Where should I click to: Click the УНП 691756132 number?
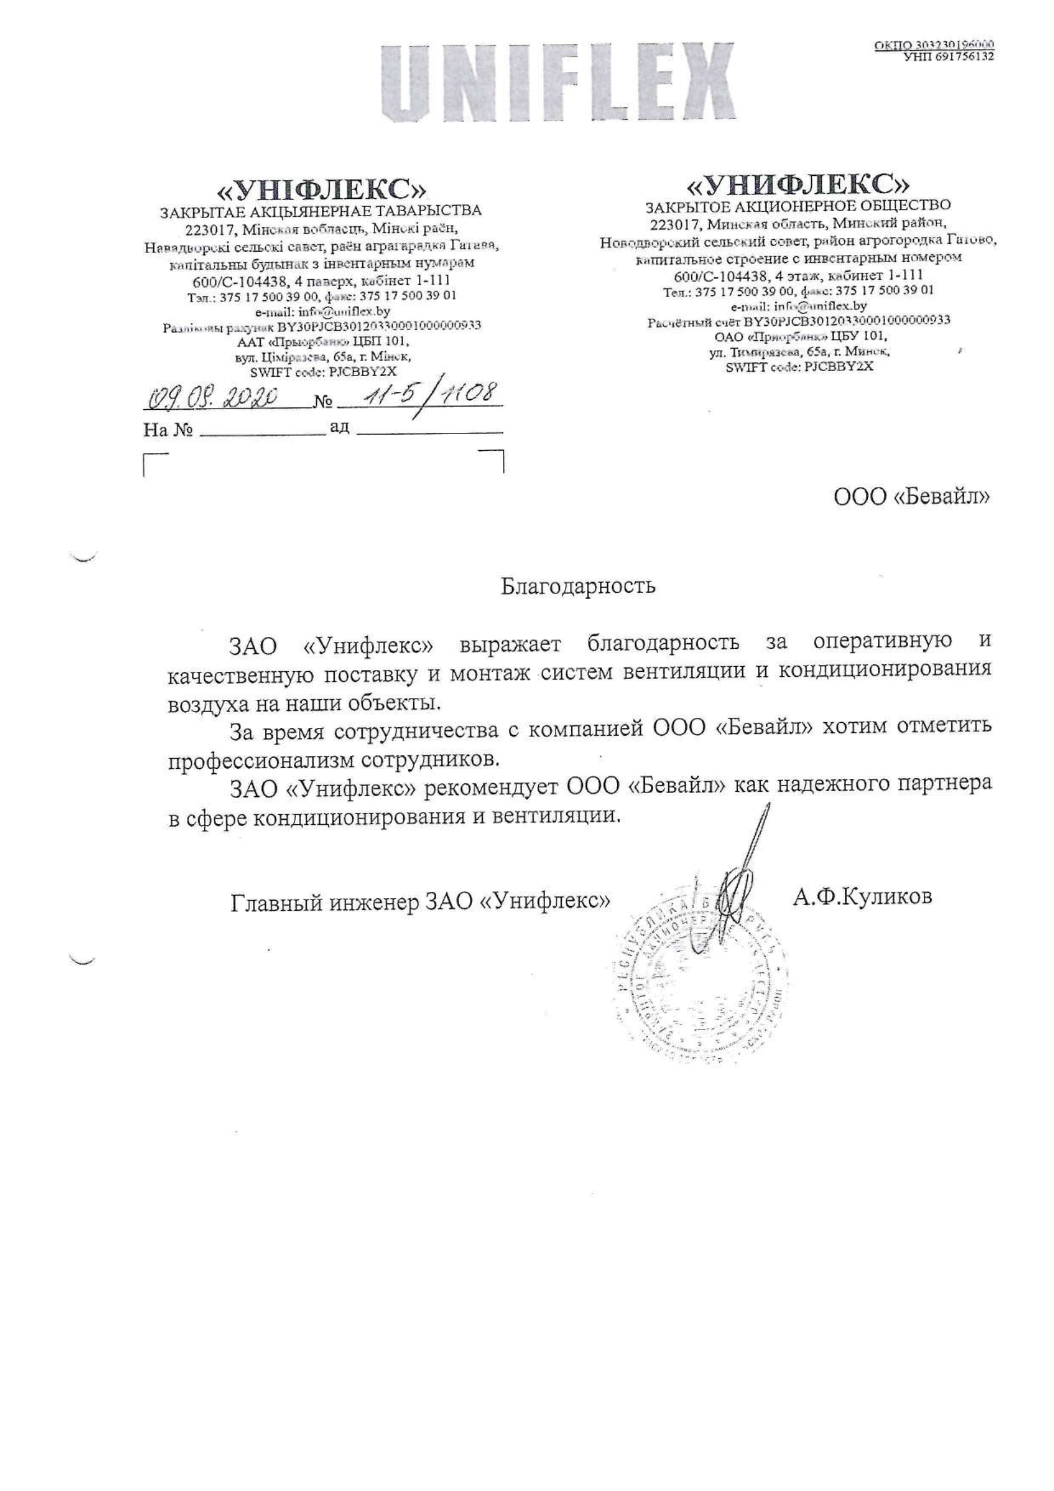click(x=949, y=57)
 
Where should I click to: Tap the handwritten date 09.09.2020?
click(x=214, y=396)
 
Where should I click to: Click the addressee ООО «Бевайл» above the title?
click(x=912, y=497)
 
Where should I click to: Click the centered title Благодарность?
click(x=578, y=586)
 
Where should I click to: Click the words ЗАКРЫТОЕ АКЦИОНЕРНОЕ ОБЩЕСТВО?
click(x=798, y=207)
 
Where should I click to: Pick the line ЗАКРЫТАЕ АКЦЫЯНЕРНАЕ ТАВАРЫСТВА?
click(x=321, y=210)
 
